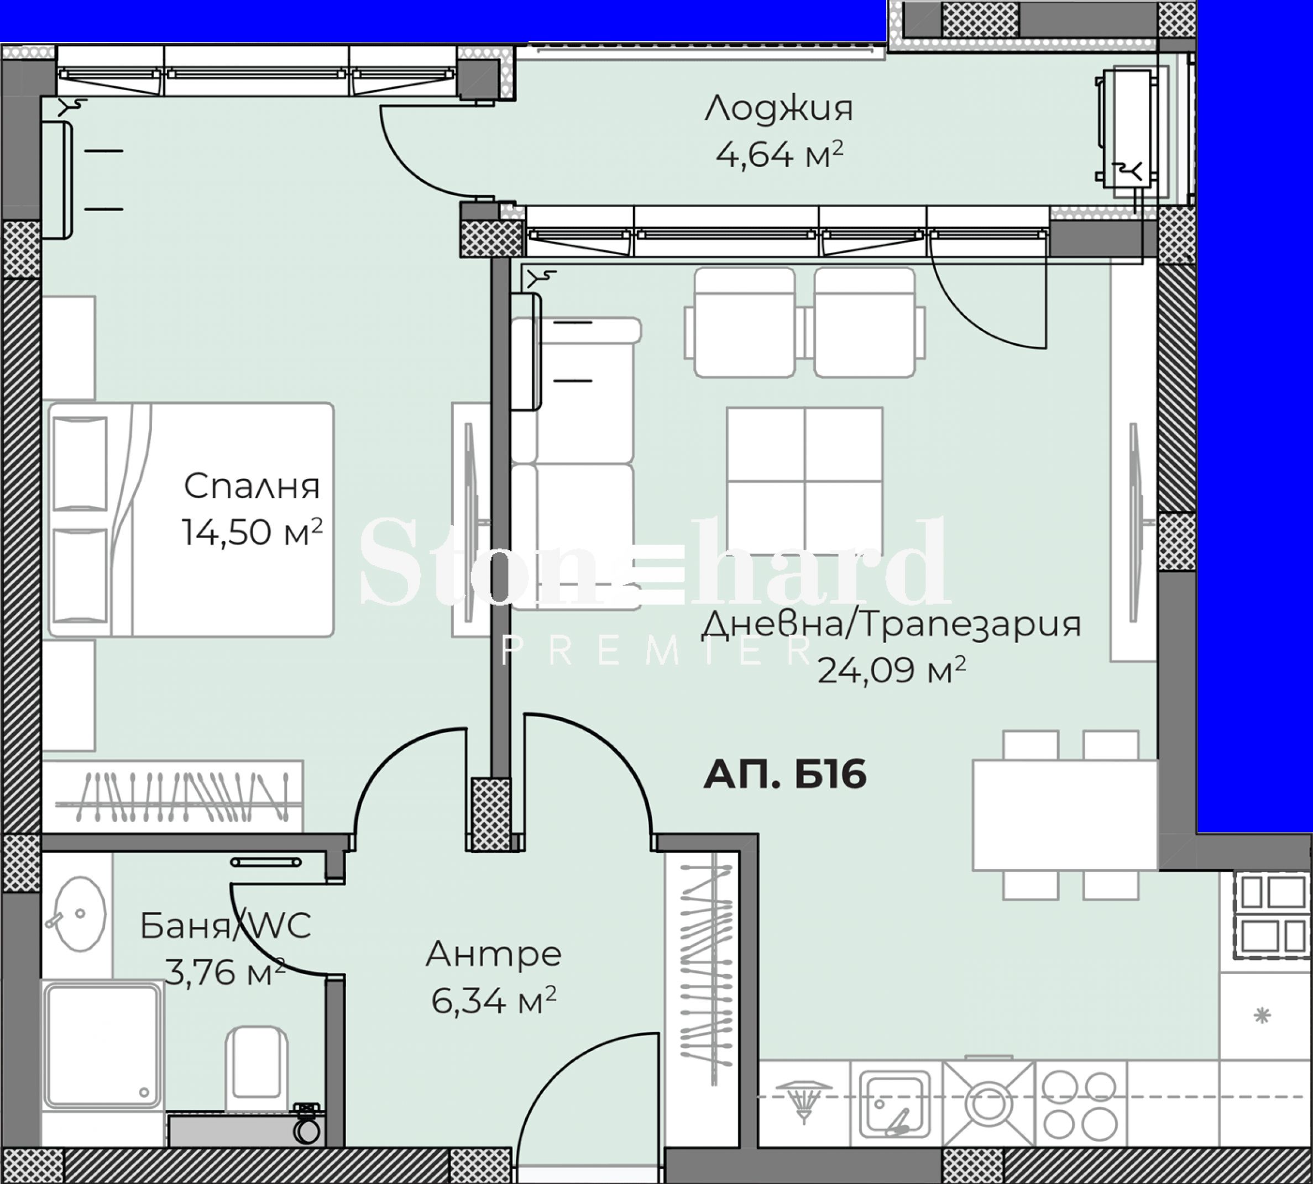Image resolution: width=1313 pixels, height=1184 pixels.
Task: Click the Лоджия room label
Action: pos(778,109)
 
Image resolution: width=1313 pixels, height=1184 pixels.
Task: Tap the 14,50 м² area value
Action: pos(252,532)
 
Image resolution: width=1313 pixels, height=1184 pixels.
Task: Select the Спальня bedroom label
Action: pos(252,486)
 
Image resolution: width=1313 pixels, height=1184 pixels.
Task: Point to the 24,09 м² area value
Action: pos(891,670)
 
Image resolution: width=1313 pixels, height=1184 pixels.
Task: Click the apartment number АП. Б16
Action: pos(785,774)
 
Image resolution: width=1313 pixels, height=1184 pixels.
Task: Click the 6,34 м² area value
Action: pos(494,1000)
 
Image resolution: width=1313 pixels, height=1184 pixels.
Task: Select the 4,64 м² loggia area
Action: pos(779,154)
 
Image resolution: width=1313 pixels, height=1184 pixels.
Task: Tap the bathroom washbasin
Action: pos(76,913)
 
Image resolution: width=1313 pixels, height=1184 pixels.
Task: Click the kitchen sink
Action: pos(895,1103)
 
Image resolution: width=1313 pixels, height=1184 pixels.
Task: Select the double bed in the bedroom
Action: pos(191,520)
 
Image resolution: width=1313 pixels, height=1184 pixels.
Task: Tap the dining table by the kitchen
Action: pos(1065,815)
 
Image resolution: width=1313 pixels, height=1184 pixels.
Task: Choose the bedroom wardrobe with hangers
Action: pos(172,796)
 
